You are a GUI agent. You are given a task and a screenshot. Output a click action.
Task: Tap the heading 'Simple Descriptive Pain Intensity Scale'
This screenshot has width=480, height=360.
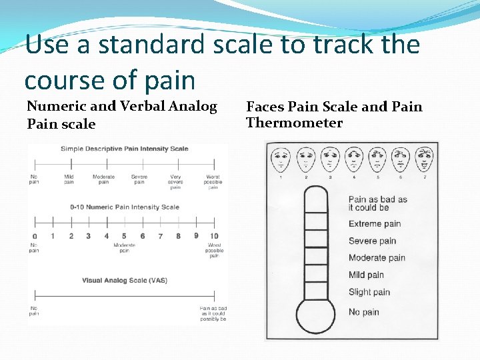125,149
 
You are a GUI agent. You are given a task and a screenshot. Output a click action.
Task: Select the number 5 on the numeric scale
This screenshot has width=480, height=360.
125,236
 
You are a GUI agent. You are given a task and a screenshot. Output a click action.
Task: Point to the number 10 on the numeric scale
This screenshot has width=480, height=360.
213,236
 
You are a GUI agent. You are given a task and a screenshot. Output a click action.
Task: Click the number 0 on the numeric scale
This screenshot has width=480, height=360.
35,236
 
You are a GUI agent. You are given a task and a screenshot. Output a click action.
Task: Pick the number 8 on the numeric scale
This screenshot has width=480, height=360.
178,236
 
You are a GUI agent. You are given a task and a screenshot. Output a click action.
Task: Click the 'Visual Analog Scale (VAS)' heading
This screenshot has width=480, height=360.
125,281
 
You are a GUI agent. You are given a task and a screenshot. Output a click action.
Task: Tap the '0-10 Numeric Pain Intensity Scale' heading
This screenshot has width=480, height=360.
125,207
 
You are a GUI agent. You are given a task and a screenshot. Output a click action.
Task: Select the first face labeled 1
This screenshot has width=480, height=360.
281,160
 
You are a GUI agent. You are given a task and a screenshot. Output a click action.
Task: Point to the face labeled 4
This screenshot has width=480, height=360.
353,160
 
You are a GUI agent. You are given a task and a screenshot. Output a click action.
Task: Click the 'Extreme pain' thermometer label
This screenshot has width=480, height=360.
375,224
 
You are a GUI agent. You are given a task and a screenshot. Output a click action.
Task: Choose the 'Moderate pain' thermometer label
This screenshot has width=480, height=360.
377,258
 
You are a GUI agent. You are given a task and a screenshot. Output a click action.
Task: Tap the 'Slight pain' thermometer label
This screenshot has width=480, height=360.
369,292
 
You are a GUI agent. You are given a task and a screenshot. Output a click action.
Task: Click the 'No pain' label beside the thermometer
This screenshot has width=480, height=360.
364,312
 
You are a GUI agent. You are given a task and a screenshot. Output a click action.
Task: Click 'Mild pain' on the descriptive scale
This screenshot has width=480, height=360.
69,179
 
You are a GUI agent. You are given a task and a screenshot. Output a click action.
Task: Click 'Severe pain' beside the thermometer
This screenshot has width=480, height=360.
372,241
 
